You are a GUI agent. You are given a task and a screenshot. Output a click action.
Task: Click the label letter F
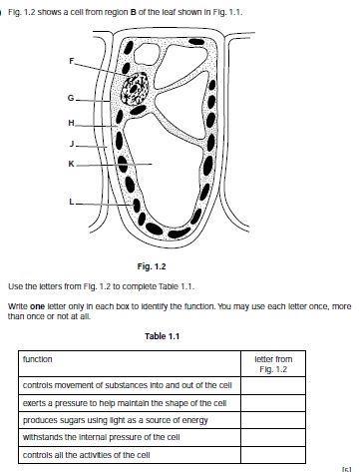pyautogui.click(x=72, y=61)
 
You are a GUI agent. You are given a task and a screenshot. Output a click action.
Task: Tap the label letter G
pyautogui.click(x=71, y=98)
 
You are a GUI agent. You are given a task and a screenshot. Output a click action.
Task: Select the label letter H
pyautogui.click(x=71, y=123)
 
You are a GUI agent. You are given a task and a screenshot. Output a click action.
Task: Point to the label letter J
pyautogui.click(x=72, y=144)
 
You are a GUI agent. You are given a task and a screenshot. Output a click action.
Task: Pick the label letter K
pyautogui.click(x=71, y=164)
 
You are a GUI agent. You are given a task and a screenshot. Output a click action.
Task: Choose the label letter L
pyautogui.click(x=72, y=202)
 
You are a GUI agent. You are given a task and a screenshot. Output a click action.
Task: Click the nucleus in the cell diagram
pyautogui.click(x=135, y=89)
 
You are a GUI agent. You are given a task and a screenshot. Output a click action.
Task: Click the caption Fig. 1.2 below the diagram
pyautogui.click(x=152, y=266)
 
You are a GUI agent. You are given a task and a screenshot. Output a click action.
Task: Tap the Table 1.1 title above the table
pyautogui.click(x=162, y=336)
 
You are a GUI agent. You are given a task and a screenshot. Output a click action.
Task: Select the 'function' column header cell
pyautogui.click(x=130, y=363)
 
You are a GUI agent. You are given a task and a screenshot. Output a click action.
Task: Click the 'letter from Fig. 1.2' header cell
pyautogui.click(x=273, y=363)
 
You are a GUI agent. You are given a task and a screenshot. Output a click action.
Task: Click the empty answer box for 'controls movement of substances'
pyautogui.click(x=273, y=386)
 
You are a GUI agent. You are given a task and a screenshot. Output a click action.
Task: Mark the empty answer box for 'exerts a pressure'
pyautogui.click(x=273, y=403)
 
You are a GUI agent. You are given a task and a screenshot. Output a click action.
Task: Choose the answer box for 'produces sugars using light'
pyautogui.click(x=273, y=420)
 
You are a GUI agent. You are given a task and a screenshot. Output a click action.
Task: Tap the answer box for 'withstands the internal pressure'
pyautogui.click(x=273, y=437)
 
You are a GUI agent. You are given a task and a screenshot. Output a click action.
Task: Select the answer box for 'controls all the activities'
pyautogui.click(x=273, y=455)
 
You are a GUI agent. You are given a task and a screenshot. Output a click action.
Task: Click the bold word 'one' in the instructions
pyautogui.click(x=37, y=306)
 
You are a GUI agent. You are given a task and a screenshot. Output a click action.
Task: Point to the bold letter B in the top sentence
pyautogui.click(x=133, y=12)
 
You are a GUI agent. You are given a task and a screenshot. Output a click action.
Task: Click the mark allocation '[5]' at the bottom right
pyautogui.click(x=346, y=469)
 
